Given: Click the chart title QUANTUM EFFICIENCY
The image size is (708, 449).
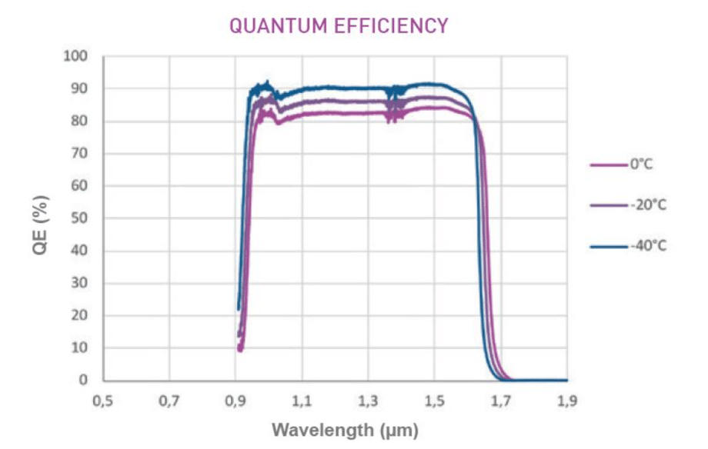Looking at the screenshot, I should (339, 25).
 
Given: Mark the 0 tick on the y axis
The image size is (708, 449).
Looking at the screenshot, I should (85, 381).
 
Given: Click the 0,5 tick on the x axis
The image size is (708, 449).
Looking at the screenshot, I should (103, 401).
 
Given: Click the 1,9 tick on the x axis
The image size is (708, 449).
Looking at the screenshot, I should (567, 401).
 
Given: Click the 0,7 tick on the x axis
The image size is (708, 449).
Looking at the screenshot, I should (169, 401).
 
